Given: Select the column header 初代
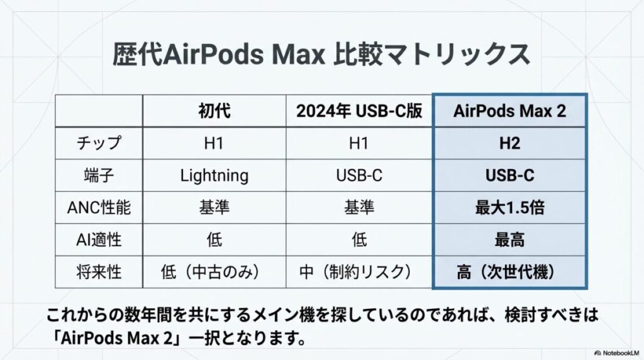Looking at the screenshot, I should tap(214, 111).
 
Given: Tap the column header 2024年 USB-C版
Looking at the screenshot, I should tap(359, 111).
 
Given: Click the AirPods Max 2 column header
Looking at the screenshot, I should tap(509, 111).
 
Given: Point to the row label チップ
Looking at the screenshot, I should tap(99, 143).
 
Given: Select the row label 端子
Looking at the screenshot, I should tap(99, 175).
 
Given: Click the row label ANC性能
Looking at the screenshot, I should tap(99, 208).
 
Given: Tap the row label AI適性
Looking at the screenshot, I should tap(99, 240).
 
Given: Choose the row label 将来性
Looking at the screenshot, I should tap(99, 273).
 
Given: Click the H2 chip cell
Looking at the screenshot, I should tap(509, 143).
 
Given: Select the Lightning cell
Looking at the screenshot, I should tap(214, 175).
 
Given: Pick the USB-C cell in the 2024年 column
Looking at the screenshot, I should tap(359, 175).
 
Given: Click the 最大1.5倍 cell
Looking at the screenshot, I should tap(509, 208).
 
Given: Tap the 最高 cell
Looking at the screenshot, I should tap(509, 240).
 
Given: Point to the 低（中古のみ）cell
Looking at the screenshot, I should tap(214, 273).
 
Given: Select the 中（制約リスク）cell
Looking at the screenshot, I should tap(359, 273).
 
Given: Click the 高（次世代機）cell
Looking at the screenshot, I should tap(509, 273).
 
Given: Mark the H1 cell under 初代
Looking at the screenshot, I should tap(214, 143).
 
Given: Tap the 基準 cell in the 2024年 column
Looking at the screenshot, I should tap(359, 208).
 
